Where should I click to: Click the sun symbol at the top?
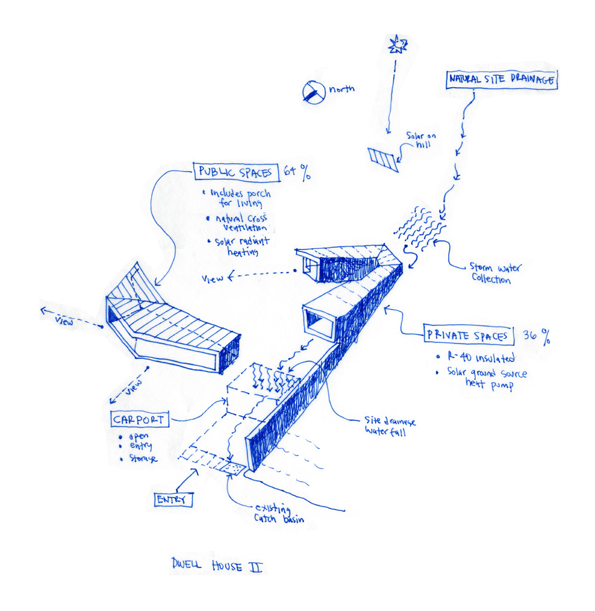pyautogui.click(x=397, y=43)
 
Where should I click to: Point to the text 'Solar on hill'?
pyautogui.click(x=421, y=141)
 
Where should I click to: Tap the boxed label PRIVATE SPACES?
pyautogui.click(x=468, y=335)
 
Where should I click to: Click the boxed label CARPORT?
pyautogui.click(x=138, y=419)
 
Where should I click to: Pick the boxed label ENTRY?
pyautogui.click(x=174, y=499)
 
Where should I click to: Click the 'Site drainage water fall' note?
pyautogui.click(x=390, y=425)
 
